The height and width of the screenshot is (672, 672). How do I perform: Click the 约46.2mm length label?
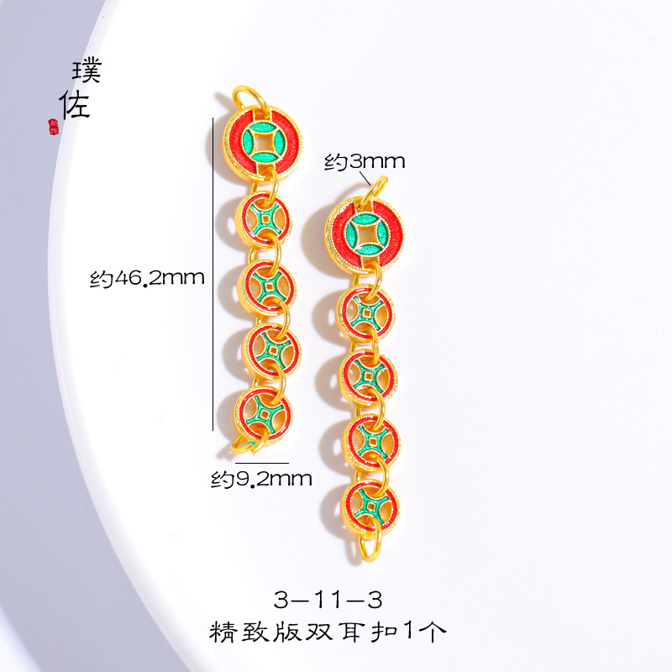tap(147, 277)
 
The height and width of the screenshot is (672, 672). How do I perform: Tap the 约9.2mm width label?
tap(261, 480)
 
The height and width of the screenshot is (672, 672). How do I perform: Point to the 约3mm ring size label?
tap(365, 162)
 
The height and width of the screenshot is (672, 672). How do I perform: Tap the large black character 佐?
tap(75, 104)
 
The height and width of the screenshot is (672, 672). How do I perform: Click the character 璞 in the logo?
tap(87, 71)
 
